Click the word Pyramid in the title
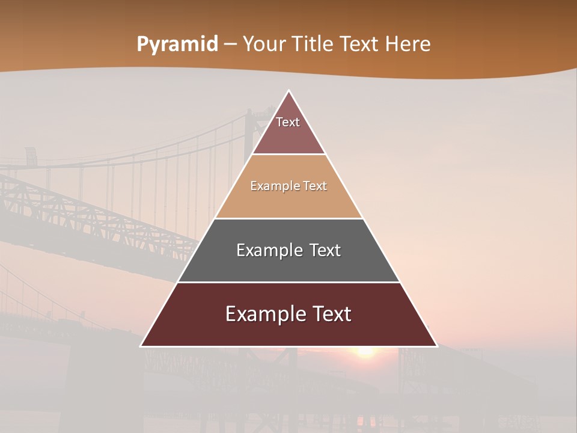[177, 45]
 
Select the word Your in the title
[264, 45]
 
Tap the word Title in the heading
[312, 45]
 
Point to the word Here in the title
[408, 45]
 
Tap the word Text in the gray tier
[325, 250]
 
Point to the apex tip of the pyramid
[288, 91]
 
